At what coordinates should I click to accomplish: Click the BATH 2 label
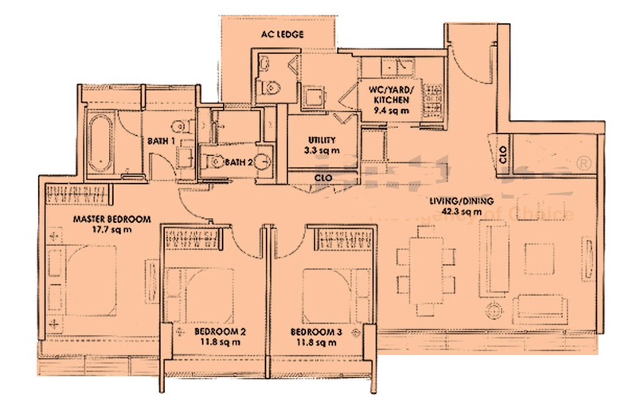pyautogui.click(x=238, y=162)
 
